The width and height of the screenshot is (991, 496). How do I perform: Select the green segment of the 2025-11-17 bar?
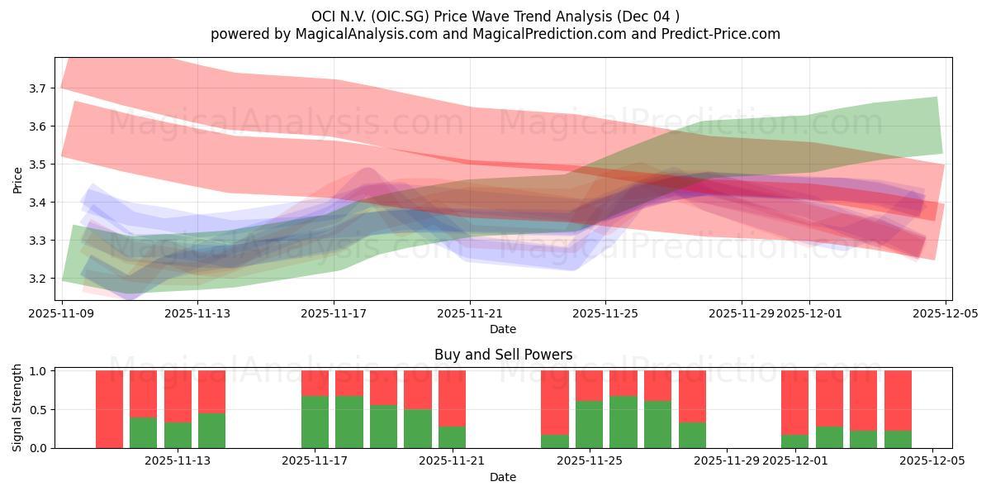(315, 422)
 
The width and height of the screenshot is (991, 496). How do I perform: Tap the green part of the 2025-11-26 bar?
(624, 422)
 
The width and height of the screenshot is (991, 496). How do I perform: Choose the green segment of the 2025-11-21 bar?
(452, 437)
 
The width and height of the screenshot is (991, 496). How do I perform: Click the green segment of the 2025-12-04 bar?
(898, 439)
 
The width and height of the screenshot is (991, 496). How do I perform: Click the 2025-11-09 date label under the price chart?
(62, 313)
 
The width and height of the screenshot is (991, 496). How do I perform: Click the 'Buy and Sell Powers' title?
(503, 355)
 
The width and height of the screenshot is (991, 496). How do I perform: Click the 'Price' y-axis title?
(17, 179)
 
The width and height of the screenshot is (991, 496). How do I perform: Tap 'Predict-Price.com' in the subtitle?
(723, 34)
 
